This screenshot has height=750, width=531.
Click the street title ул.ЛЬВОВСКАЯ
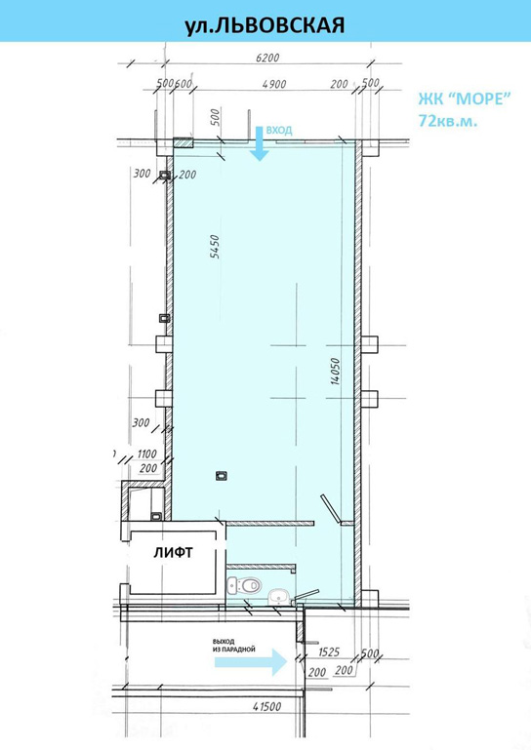[x=265, y=25]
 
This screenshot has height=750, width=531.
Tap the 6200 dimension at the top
[x=267, y=59]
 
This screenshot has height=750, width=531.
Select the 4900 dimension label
[x=274, y=84]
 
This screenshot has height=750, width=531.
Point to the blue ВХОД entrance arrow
[x=260, y=143]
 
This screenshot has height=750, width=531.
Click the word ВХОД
[x=279, y=130]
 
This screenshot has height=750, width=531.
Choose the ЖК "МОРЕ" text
[x=465, y=99]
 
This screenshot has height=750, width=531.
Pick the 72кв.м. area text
[x=448, y=121]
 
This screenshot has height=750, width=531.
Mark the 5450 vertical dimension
[x=215, y=247]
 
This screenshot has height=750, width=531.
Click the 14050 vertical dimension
[x=335, y=372]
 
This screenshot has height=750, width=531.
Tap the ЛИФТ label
[x=174, y=552]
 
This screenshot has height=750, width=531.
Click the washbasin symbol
[x=278, y=597]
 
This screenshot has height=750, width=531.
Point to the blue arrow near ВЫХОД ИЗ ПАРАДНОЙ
[x=251, y=662]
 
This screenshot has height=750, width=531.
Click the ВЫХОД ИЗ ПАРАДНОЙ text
[x=234, y=646]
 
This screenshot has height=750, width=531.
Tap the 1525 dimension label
[x=329, y=651]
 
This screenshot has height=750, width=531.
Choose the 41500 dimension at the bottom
[x=267, y=706]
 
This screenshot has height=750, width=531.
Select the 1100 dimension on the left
[x=147, y=454]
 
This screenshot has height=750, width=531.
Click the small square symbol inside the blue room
[x=221, y=475]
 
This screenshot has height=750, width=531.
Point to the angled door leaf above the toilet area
[x=330, y=509]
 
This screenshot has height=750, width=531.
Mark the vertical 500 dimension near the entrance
[x=215, y=117]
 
